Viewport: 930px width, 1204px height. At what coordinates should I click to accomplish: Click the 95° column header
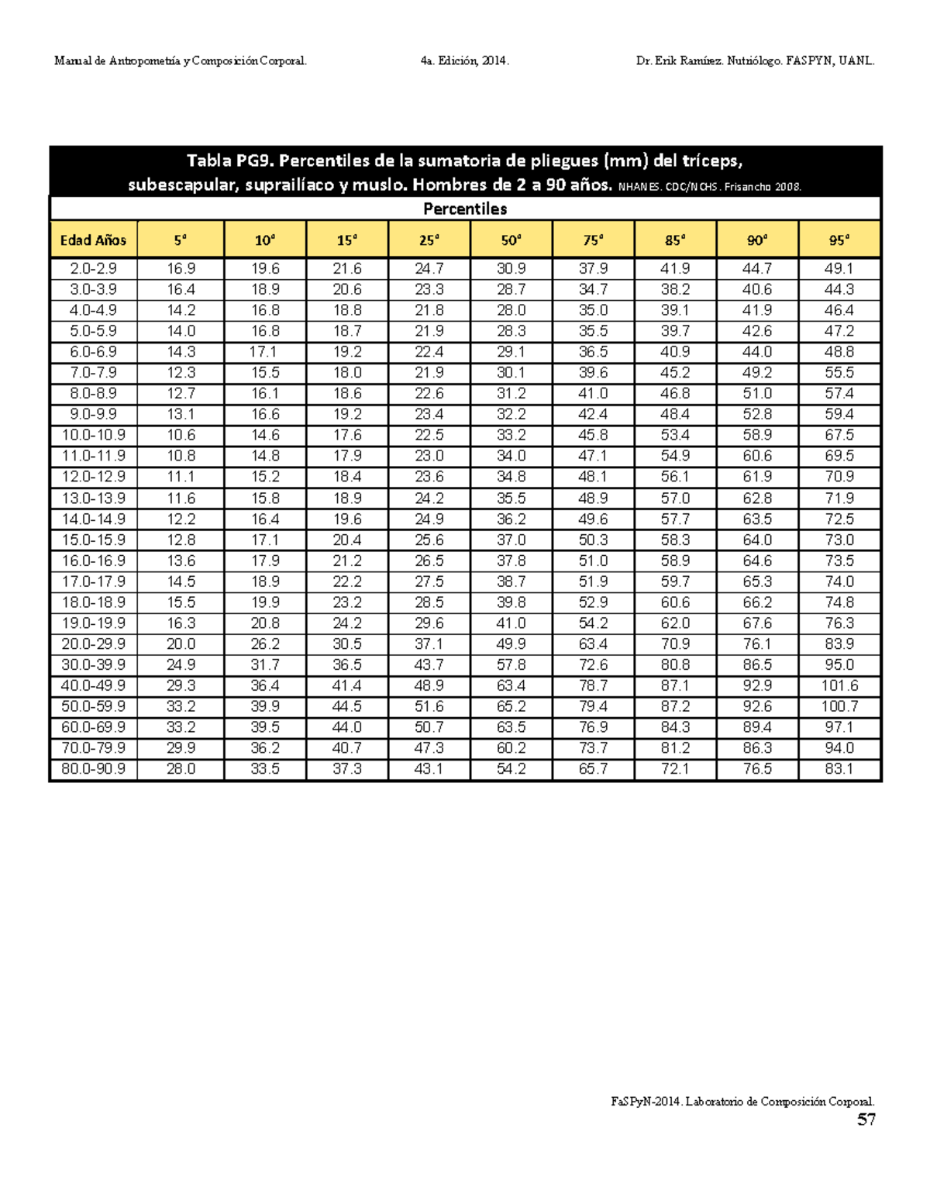839,240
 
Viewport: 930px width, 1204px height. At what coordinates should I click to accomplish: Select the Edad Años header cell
93,240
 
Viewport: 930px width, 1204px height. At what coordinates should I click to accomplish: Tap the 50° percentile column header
511,240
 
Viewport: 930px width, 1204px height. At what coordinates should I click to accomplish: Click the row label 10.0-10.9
93,435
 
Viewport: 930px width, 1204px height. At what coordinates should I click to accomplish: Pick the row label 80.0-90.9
93,769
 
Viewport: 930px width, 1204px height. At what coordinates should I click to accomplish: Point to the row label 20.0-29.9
93,644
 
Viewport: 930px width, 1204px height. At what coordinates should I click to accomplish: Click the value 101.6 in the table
839,686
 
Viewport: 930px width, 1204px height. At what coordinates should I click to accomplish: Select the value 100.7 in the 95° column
839,707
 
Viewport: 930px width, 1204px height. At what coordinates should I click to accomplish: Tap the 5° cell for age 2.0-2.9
181,269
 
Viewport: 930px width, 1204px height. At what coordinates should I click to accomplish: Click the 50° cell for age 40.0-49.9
511,686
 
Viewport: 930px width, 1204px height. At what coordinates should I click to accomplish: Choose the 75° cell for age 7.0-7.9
593,373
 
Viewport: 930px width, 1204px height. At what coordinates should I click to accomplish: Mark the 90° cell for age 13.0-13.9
757,499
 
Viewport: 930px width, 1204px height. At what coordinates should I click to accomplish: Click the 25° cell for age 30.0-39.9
429,665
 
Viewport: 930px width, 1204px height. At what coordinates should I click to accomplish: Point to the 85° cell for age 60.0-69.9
675,728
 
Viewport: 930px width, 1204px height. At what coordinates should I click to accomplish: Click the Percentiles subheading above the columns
465,209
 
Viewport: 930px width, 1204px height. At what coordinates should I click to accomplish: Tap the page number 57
866,1119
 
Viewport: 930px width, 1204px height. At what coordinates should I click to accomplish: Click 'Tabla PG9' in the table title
229,161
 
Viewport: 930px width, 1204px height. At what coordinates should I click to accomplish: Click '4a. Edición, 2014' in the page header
464,61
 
